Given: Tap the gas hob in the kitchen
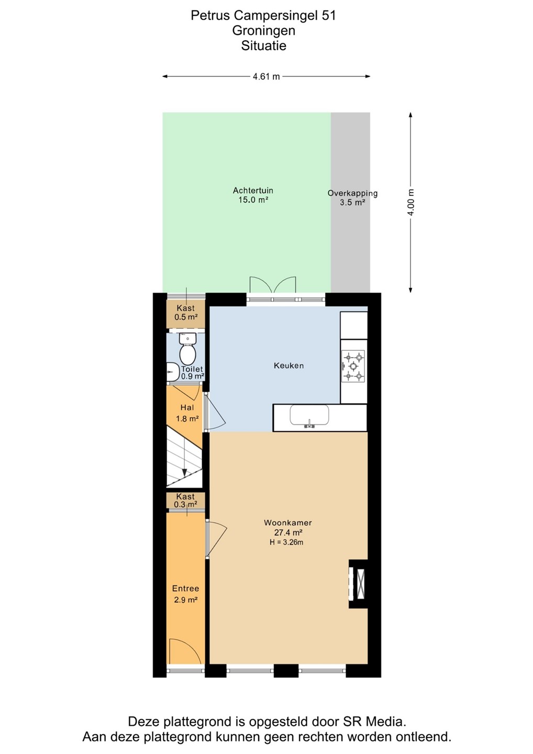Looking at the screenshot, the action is point(353,366).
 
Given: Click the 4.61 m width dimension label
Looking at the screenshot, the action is point(266,76).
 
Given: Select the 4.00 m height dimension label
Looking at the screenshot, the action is point(410,203).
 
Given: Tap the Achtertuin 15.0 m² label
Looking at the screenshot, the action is point(253,195).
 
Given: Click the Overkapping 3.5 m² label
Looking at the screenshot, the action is point(352,197).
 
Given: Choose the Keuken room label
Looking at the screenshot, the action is point(288,365).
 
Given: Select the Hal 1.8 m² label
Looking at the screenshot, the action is point(187,413).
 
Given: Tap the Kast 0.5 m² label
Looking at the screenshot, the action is point(186,313).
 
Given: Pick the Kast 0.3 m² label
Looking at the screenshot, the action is point(185,500).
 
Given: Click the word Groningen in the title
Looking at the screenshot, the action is point(264,30).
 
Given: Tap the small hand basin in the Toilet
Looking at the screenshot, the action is point(173,372).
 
